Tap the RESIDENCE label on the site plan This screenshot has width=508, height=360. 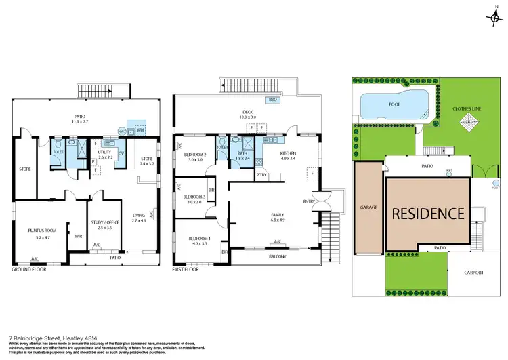(427, 213)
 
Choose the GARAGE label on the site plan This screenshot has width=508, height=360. (368, 208)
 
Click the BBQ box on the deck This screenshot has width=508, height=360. (274, 100)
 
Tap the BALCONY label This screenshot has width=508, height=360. (277, 256)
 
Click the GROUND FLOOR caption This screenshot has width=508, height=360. (28, 269)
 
